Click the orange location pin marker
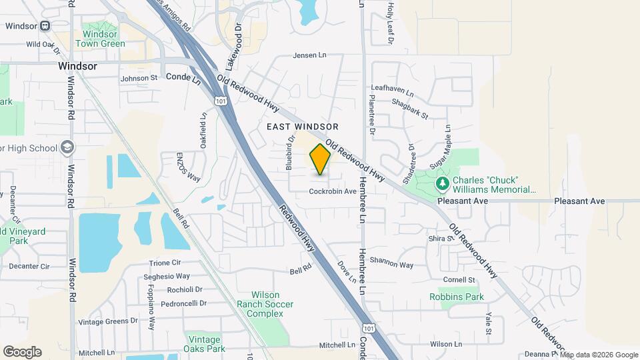click(x=320, y=159)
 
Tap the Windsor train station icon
click(x=45, y=26)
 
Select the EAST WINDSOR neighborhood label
click(x=303, y=127)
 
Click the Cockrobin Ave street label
click(x=333, y=191)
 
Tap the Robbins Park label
click(x=456, y=297)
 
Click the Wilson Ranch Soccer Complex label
click(x=274, y=304)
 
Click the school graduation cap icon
click(x=67, y=147)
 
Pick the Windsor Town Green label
click(x=100, y=39)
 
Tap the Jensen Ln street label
click(x=311, y=55)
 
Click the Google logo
click(x=22, y=352)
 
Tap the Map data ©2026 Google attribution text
click(x=599, y=355)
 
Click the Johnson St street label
click(x=139, y=78)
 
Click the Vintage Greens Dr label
click(x=107, y=321)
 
